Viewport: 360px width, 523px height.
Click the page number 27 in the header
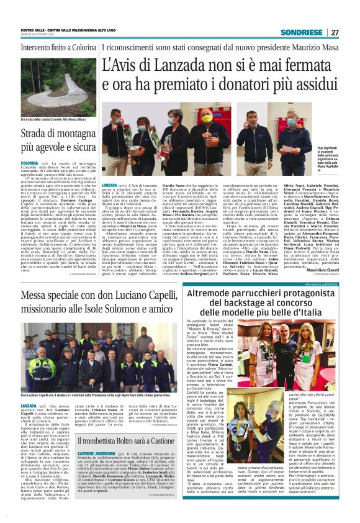(x=335, y=32)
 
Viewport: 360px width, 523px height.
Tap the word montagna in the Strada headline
(x=71, y=135)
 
